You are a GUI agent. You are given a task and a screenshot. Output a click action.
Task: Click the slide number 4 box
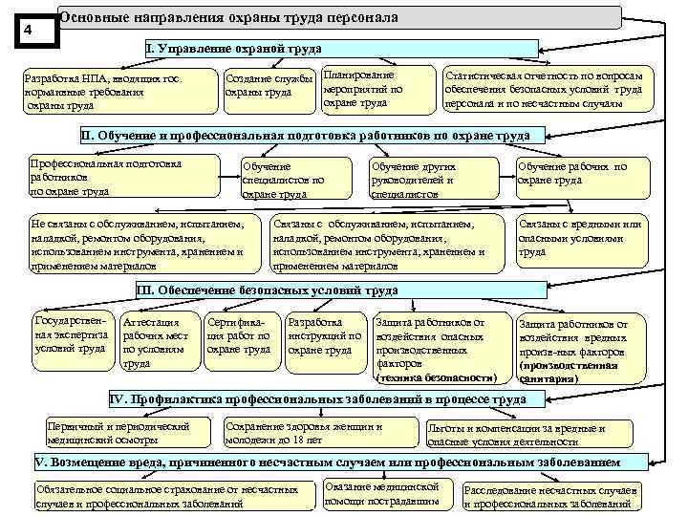(x=29, y=30)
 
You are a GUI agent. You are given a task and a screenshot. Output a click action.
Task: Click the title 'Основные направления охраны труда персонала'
(x=229, y=18)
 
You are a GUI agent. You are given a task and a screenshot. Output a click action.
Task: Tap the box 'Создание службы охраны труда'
(x=269, y=87)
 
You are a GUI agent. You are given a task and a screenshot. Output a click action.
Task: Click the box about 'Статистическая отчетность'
(x=543, y=88)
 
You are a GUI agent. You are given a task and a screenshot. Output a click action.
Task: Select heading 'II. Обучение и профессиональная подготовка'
(x=307, y=136)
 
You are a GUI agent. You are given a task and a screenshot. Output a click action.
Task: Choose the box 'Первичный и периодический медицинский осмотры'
(x=118, y=433)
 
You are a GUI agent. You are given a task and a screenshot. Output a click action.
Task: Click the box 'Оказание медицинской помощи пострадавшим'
(x=387, y=492)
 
